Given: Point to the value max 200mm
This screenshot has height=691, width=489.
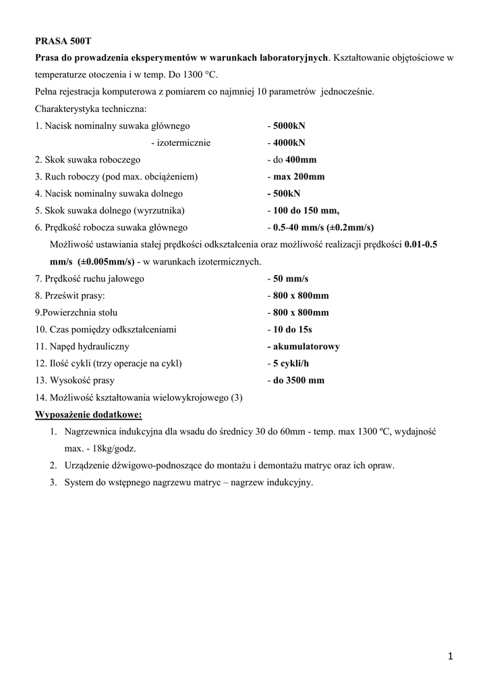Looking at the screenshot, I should point(299,177).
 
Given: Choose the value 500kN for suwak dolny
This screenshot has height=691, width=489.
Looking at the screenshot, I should point(289,194).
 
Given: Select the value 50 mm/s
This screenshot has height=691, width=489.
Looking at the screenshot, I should point(291,278).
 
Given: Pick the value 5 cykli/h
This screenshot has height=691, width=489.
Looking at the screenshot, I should point(293,363).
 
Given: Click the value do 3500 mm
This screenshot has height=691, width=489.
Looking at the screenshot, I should point(298,380).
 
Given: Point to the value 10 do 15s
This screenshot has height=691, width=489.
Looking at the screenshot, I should point(293,329).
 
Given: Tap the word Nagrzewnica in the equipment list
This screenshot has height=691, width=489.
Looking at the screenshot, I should point(90,431).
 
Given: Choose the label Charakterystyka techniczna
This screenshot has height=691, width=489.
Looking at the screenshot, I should point(90,109).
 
